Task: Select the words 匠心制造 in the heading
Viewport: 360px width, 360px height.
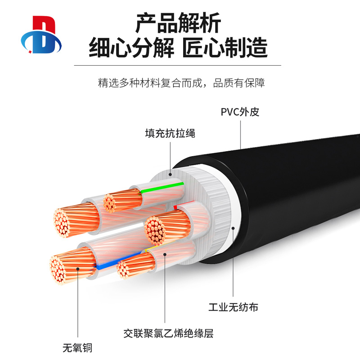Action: click(225, 47)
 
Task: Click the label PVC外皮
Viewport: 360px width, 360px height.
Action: click(240, 112)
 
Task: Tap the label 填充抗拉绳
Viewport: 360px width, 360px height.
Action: click(170, 134)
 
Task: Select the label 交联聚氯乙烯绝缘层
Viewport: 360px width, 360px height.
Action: click(168, 333)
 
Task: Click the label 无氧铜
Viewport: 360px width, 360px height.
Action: click(77, 347)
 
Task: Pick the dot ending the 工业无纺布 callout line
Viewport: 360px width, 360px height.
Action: click(233, 228)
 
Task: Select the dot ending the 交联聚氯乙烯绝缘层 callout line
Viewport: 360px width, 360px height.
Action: click(165, 254)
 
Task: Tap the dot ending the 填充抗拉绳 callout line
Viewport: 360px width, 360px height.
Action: click(170, 174)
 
